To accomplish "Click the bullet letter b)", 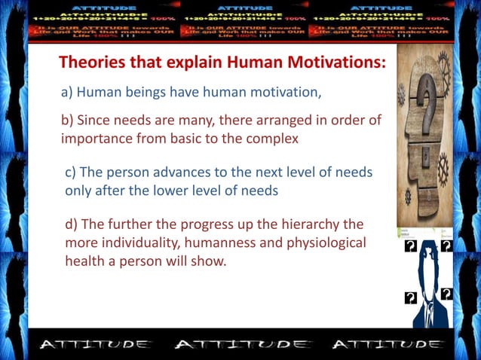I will pos(67,121).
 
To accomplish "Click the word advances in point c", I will pos(158,172).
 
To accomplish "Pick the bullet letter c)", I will pos(71,172).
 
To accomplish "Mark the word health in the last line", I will pos(83,261).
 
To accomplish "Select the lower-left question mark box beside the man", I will pos(411,297).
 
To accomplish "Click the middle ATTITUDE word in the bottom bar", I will pos(240,345).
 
